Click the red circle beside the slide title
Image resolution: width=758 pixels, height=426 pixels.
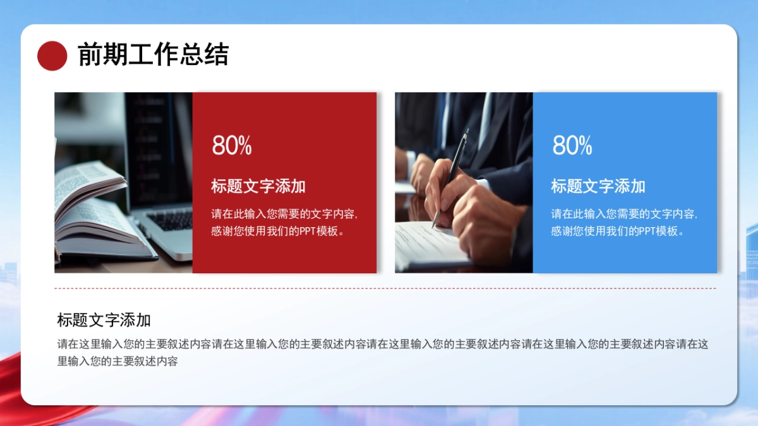(x=52, y=56)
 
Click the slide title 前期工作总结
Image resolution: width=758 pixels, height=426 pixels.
(x=152, y=55)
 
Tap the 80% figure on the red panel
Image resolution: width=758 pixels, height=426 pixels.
(x=232, y=146)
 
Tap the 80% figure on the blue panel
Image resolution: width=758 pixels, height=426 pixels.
(x=572, y=146)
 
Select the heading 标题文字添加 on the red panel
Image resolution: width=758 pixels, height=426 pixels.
(x=258, y=186)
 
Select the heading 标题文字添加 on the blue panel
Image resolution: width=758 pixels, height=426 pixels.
(x=598, y=186)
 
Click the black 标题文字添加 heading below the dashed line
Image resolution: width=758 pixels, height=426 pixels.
(x=104, y=320)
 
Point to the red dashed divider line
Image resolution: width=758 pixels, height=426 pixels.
(x=385, y=288)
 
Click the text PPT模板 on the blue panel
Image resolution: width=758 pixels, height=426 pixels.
(x=658, y=231)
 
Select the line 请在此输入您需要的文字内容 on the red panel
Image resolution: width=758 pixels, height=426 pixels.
(x=284, y=214)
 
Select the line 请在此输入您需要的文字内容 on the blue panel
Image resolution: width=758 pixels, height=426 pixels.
(x=624, y=214)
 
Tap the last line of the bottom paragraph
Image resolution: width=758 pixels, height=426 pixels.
(x=117, y=362)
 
